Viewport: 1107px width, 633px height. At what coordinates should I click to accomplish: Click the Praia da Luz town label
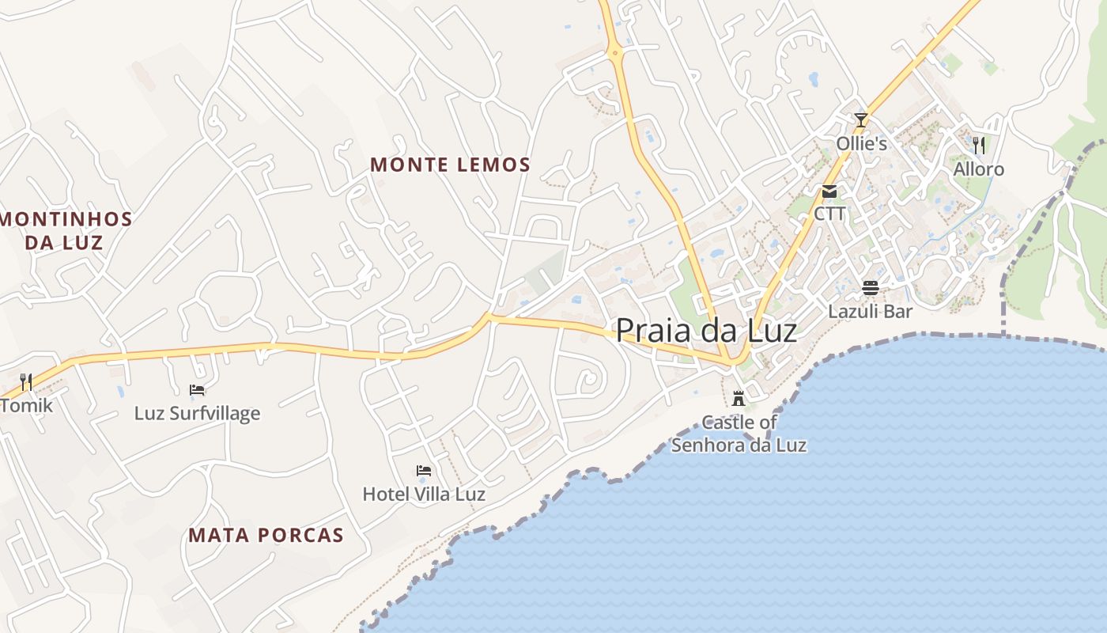[706, 331]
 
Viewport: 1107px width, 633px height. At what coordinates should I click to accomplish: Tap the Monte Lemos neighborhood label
[450, 165]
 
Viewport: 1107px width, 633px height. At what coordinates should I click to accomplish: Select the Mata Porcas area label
[266, 535]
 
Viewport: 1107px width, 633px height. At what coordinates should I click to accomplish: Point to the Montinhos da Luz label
[65, 230]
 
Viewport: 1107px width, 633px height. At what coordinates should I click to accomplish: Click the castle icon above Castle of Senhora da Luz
[739, 398]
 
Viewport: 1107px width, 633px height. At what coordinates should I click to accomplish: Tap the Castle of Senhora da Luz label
[739, 434]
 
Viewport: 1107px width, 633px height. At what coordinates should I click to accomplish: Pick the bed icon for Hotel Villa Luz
[424, 471]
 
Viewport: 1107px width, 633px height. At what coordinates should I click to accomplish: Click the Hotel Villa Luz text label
[424, 495]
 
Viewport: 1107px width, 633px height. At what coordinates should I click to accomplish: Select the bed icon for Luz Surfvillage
[197, 389]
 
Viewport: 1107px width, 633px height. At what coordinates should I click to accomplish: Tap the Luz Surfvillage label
[197, 413]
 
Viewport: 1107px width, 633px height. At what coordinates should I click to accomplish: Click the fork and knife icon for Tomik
[26, 382]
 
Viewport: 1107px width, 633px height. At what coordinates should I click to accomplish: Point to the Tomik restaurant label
[27, 406]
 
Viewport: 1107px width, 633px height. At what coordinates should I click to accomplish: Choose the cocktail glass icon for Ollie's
[861, 120]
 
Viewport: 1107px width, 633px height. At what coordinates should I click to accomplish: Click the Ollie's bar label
[862, 144]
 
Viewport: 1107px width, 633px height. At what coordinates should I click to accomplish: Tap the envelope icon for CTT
[829, 191]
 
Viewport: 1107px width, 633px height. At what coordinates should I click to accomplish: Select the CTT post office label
[829, 214]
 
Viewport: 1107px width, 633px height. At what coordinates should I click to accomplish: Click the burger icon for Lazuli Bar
[871, 288]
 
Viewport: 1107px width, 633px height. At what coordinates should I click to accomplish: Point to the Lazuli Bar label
[871, 312]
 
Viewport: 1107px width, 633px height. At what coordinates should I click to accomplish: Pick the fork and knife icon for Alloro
[979, 145]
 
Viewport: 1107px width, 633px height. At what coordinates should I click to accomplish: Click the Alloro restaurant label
[979, 169]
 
